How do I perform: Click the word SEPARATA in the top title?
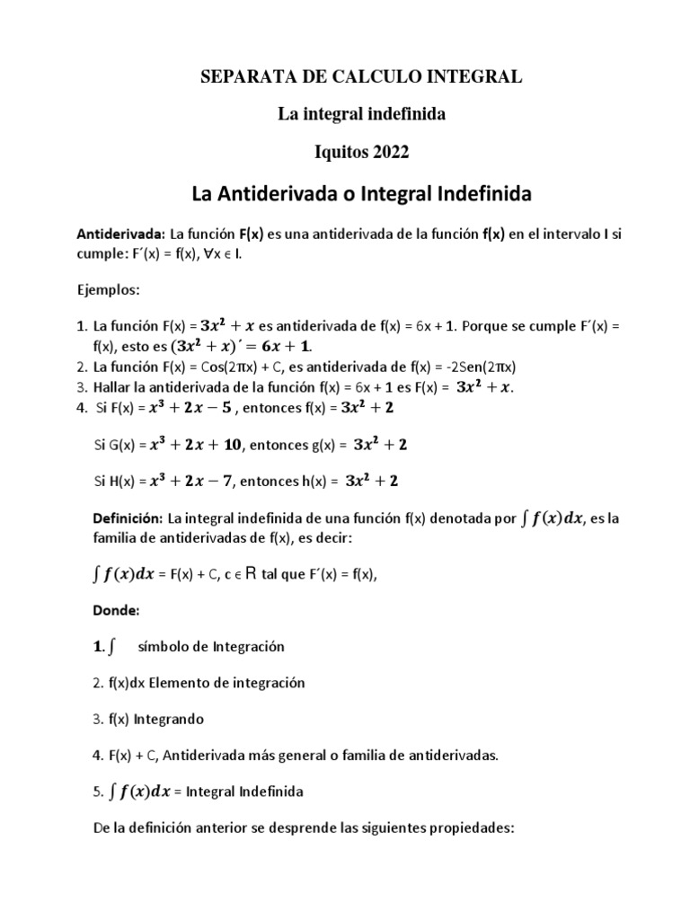[238, 78]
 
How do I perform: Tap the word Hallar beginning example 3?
[115, 387]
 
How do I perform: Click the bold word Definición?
[128, 518]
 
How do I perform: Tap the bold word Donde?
[117, 611]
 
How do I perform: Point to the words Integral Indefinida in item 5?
[261, 792]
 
